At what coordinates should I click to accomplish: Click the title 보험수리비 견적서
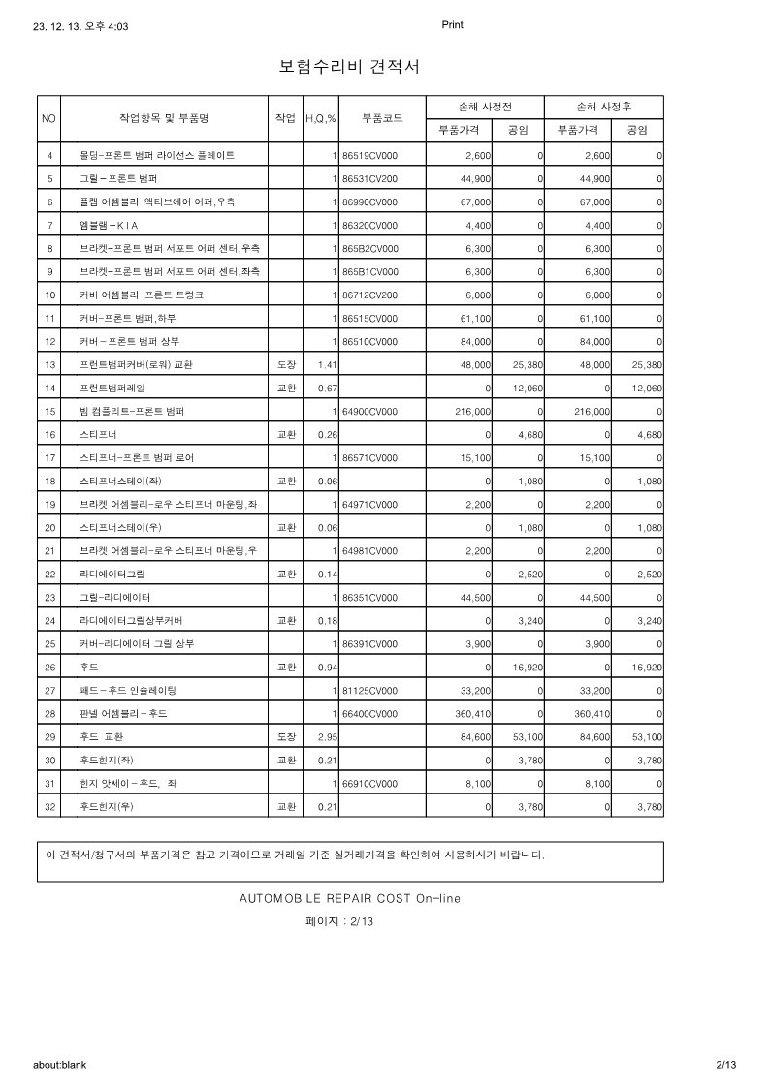pyautogui.click(x=349, y=67)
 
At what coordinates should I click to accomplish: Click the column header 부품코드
pyautogui.click(x=382, y=118)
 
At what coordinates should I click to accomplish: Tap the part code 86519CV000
pyautogui.click(x=369, y=155)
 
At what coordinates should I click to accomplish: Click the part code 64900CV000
pyautogui.click(x=369, y=411)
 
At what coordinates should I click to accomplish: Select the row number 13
pyautogui.click(x=49, y=364)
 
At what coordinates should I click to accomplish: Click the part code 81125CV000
pyautogui.click(x=369, y=690)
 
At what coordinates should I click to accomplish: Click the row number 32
pyautogui.click(x=49, y=806)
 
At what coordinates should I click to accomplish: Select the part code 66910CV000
pyautogui.click(x=369, y=783)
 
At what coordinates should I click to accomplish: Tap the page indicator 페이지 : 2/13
pyautogui.click(x=339, y=921)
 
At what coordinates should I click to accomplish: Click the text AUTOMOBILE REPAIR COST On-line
pyautogui.click(x=350, y=898)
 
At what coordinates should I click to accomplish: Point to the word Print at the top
pyautogui.click(x=452, y=25)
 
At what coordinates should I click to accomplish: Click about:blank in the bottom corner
pyautogui.click(x=60, y=1064)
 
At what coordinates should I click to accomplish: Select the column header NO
pyautogui.click(x=49, y=118)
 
